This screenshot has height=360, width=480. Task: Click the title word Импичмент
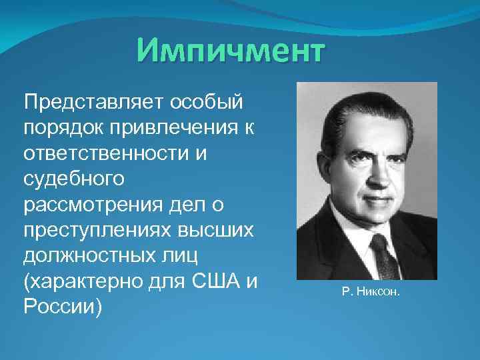click(230, 51)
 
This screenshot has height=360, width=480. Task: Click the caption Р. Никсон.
click(371, 292)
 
